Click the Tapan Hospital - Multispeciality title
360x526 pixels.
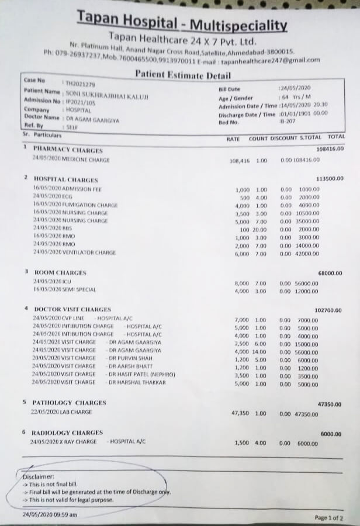point(182,24)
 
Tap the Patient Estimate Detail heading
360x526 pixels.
point(183,75)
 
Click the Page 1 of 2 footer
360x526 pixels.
point(329,518)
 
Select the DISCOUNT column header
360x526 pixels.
point(284,139)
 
